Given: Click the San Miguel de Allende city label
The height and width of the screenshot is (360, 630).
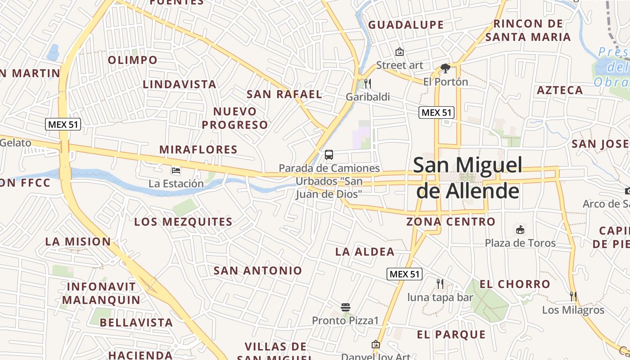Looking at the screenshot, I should click(x=468, y=178).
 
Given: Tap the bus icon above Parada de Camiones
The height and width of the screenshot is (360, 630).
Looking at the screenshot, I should click(x=329, y=155).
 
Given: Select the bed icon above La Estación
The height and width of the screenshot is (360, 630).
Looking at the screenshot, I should click(x=176, y=171).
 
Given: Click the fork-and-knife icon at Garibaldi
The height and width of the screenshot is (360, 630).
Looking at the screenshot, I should click(x=368, y=84).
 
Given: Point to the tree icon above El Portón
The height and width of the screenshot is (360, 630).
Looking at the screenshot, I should click(x=445, y=68).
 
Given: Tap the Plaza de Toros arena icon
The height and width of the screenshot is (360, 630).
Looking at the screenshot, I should click(x=520, y=229).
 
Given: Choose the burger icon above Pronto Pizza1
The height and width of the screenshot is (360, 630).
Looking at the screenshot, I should click(x=346, y=307).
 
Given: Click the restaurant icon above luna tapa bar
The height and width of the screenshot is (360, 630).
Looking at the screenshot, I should click(x=440, y=284).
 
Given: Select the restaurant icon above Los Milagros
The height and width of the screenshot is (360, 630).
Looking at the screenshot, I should click(x=573, y=296).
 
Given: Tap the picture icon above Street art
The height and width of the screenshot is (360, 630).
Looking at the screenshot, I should click(x=400, y=52).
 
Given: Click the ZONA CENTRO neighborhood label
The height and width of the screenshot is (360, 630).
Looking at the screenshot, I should click(x=450, y=221).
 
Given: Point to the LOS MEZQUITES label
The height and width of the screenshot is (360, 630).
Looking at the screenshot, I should click(x=183, y=221).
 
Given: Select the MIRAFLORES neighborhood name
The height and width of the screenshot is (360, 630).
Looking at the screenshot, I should click(x=198, y=149).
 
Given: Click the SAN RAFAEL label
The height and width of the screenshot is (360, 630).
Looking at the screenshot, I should click(x=284, y=94).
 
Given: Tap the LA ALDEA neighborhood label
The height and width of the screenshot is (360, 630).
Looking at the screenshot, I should click(x=364, y=252).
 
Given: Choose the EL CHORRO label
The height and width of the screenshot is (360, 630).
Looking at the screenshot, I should click(x=515, y=284).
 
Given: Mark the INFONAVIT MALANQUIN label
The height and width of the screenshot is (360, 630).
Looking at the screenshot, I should click(x=101, y=293).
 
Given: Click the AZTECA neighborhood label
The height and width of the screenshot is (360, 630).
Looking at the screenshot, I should click(x=560, y=90).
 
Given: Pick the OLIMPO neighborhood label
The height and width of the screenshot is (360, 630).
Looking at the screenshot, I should click(x=133, y=60).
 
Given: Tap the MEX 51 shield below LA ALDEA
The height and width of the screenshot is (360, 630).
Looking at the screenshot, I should click(x=404, y=274).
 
